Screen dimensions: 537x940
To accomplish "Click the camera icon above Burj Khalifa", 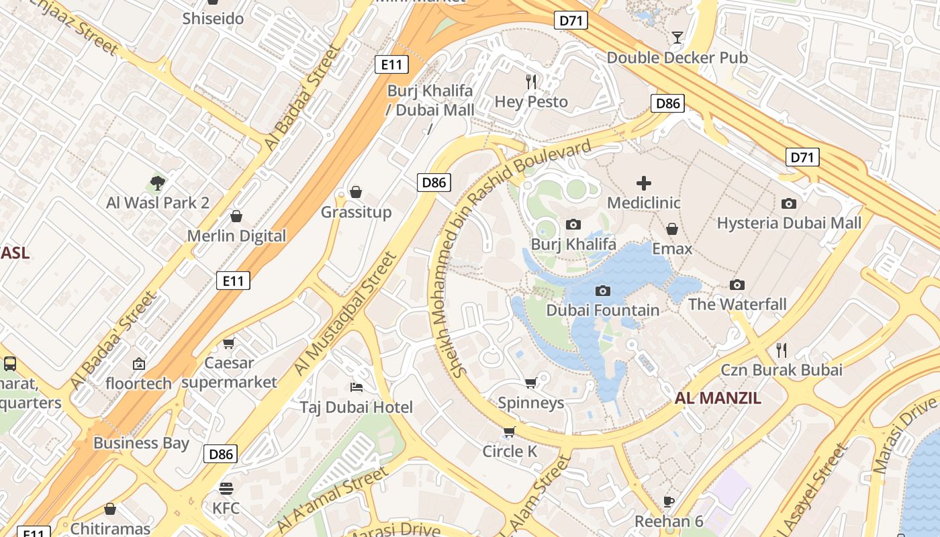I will coord(573,224).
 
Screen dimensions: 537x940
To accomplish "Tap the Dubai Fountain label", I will coord(602,310).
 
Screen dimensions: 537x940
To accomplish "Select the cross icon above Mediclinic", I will coord(643,183).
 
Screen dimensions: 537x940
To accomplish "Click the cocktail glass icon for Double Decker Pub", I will coord(677,37).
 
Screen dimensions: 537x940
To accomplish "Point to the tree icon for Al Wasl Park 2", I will coord(157,182).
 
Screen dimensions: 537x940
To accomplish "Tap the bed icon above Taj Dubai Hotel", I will coord(357,387).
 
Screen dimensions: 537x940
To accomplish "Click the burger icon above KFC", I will coord(226,488).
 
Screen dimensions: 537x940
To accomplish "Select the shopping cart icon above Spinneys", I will coord(530,383).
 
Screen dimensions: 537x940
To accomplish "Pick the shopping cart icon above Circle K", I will coord(509,432).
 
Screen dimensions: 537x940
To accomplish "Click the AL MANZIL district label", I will coord(718,398).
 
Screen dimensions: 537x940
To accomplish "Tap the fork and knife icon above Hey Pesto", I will coord(531,82).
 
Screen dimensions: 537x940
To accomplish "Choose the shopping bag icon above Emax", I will coord(671,229).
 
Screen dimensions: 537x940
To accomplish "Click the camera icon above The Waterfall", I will coord(737,285).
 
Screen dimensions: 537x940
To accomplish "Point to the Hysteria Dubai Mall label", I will coord(789,223).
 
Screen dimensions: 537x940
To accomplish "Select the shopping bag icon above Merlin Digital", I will coord(236,216).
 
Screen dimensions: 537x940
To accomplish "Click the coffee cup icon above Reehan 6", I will coord(668,501).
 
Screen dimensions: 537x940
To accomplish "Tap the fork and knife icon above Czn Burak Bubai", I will coord(781,350).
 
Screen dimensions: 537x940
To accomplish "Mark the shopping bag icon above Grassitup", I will coord(356,193).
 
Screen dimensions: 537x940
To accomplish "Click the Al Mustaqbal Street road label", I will coord(345,313).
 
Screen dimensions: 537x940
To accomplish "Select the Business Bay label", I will coord(141,443).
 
